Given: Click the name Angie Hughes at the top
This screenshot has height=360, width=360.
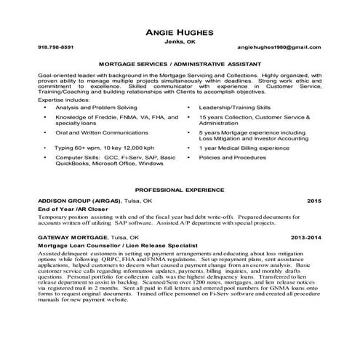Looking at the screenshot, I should (x=180, y=34).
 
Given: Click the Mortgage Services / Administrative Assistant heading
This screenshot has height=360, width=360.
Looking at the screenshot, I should (x=180, y=64).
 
